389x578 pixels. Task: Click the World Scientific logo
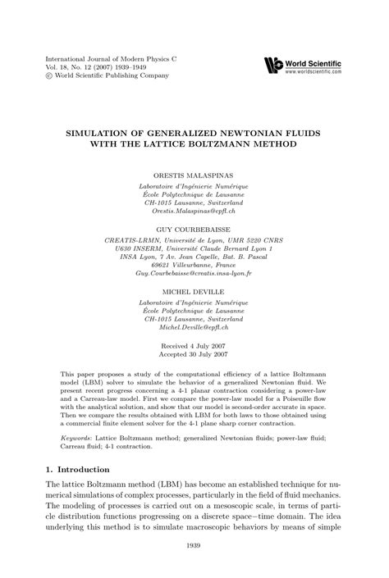274,65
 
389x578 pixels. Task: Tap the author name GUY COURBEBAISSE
194,231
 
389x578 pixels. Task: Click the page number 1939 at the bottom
194,544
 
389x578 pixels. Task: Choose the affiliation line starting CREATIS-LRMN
194,240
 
